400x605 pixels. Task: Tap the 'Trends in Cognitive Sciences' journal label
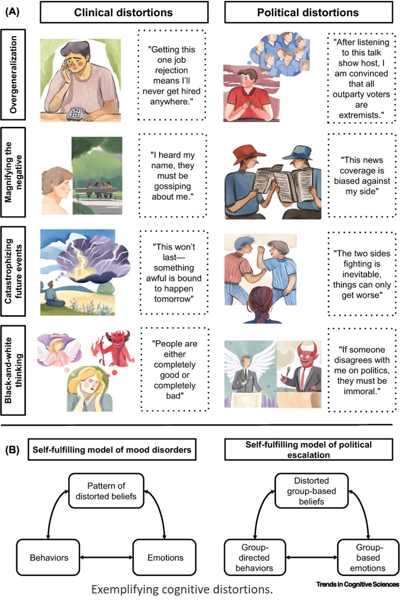pyautogui.click(x=357, y=584)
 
